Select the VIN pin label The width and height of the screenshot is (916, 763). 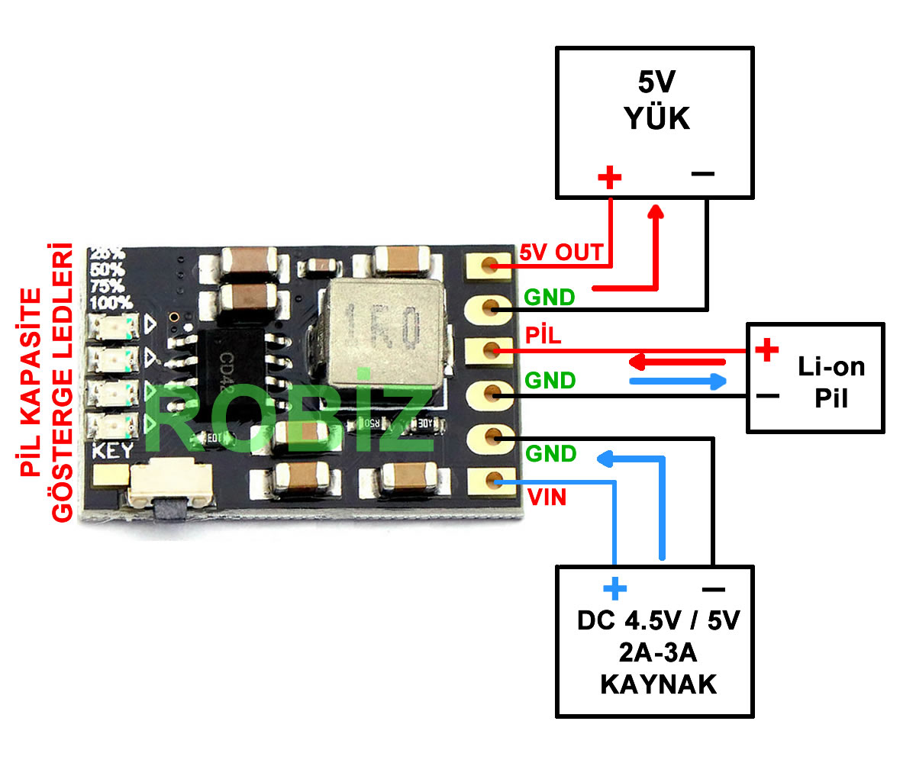(x=547, y=498)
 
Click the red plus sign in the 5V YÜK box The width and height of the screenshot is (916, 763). (x=609, y=178)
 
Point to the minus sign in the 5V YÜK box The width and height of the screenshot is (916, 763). (x=703, y=174)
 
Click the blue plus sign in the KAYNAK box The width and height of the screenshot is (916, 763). (x=614, y=588)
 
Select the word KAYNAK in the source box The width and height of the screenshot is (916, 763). (x=658, y=684)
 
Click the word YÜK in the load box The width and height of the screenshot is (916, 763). (x=656, y=119)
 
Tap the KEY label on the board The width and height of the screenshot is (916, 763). (x=112, y=450)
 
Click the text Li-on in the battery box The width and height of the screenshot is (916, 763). (x=831, y=367)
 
